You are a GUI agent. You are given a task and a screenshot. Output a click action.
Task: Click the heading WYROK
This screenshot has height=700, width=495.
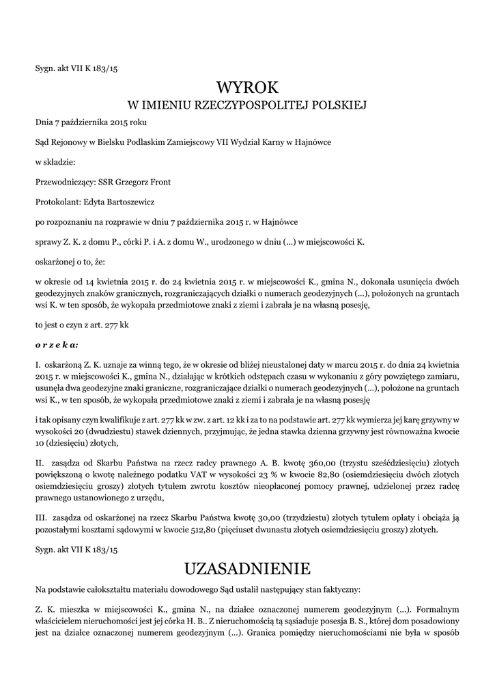coord(247,87)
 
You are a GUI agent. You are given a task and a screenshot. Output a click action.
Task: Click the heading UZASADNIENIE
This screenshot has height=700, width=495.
coord(247,568)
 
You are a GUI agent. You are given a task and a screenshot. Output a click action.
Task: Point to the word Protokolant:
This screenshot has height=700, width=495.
coord(57,202)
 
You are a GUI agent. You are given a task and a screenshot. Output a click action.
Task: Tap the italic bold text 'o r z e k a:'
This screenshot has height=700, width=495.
coord(57,345)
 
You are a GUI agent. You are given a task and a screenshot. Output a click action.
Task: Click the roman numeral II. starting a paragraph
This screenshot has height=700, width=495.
coord(40,463)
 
